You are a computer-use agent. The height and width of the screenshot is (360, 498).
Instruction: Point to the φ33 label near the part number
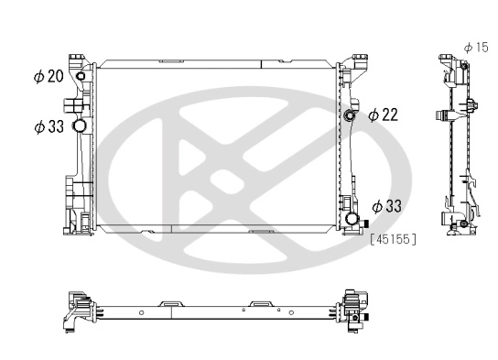[388, 207]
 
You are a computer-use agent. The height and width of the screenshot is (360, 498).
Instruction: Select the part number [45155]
[394, 240]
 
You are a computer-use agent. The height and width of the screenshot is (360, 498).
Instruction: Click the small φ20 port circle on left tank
[81, 77]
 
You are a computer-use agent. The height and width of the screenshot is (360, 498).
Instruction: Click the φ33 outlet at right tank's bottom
[353, 221]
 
